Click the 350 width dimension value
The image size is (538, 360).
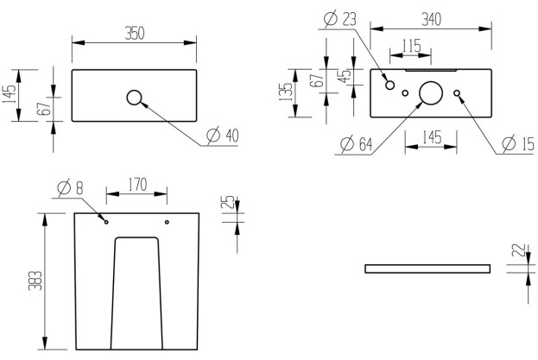click(x=134, y=33)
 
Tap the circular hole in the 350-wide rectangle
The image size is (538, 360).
click(x=135, y=98)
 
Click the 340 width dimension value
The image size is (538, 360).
click(x=434, y=18)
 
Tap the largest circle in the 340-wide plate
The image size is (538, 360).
click(x=431, y=92)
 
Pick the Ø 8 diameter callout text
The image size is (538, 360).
click(x=70, y=187)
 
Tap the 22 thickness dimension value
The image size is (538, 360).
click(x=516, y=251)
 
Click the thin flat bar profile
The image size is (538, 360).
click(x=427, y=268)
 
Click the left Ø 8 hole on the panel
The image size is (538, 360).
click(x=106, y=222)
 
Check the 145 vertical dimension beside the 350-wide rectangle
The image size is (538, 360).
click(x=9, y=92)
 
